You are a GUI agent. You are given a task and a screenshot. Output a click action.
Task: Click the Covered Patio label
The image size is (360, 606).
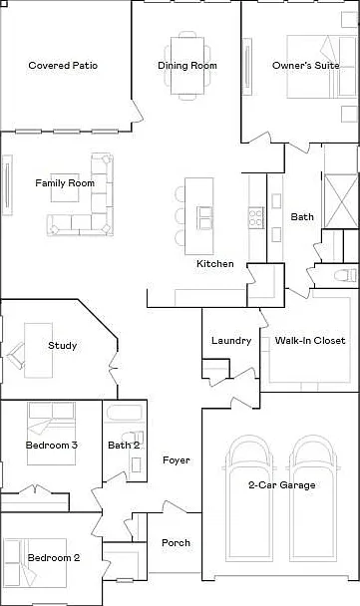coord(63,66)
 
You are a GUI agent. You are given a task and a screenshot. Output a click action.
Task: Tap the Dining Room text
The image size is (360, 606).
coord(187,66)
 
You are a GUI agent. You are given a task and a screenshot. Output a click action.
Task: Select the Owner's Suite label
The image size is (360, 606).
coord(306,66)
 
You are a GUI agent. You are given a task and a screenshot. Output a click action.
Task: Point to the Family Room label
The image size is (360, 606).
coord(65,183)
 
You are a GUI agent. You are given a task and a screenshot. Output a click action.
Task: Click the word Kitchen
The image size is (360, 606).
coord(215,264)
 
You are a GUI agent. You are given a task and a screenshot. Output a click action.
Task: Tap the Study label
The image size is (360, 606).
coord(62,346)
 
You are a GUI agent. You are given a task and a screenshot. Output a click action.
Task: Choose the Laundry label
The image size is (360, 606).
coord(231,341)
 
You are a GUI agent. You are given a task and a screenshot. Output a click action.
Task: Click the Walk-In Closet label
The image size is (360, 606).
coord(310,341)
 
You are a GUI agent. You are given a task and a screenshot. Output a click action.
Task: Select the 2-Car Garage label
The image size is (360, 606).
coord(282,485)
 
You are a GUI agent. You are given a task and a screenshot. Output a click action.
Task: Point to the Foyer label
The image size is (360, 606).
coord(177,460)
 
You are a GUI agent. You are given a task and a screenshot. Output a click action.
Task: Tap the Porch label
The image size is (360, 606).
coord(176,543)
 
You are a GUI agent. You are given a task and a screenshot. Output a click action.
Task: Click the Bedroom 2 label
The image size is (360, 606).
coord(54,558)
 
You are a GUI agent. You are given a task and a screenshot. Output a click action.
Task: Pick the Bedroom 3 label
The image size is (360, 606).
coord(52,445)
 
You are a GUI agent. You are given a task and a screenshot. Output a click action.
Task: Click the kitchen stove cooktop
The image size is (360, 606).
coord(256,217)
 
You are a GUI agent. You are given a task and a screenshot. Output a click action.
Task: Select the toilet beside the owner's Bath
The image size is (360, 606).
coord(345,275)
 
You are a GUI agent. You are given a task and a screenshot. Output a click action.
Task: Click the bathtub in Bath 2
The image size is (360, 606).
coord(125,413)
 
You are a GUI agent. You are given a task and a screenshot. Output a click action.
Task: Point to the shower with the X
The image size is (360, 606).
coord(341,201)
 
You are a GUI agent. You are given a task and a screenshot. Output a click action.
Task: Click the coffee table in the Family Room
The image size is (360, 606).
coord(65,187)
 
